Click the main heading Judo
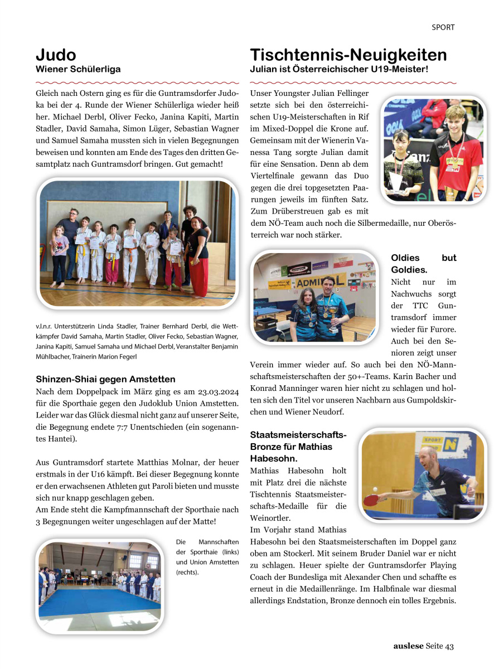click(56, 55)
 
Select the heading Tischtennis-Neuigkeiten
click(348, 55)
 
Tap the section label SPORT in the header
click(443, 27)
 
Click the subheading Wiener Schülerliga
click(78, 70)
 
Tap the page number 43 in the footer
click(449, 646)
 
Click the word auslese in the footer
click(408, 646)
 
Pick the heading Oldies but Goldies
click(424, 264)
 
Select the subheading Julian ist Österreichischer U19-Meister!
click(339, 70)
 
